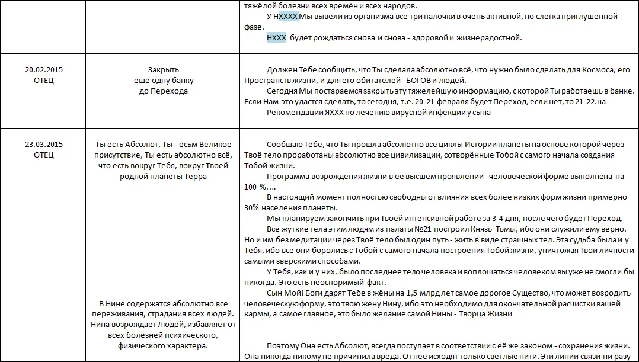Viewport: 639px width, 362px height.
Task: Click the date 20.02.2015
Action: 44,70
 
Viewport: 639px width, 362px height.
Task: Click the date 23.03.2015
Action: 44,145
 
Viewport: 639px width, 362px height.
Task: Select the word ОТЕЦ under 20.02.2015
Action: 44,80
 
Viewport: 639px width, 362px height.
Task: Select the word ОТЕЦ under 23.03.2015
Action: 44,155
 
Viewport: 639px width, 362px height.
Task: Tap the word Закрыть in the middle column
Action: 163,70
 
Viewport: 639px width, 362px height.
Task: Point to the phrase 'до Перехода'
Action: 163,91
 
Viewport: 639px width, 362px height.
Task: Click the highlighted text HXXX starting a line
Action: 277,38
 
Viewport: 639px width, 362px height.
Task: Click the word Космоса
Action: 599,70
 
